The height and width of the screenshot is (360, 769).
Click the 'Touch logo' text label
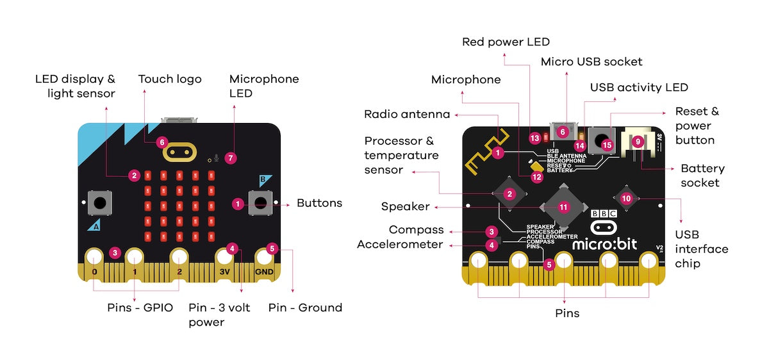click(170, 79)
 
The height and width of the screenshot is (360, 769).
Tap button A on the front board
click(99, 204)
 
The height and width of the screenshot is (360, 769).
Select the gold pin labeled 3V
click(224, 258)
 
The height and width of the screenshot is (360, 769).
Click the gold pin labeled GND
click(264, 258)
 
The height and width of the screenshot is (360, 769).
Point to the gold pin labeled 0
click(94, 258)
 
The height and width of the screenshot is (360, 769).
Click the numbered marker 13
click(534, 138)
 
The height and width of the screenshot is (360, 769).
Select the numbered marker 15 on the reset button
click(607, 145)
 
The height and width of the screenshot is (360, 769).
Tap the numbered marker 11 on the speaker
click(563, 207)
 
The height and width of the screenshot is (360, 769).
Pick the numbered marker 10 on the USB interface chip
click(626, 199)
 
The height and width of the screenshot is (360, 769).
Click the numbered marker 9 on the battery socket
click(637, 142)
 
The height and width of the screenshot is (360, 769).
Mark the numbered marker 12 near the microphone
click(537, 177)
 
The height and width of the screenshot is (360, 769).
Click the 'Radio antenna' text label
click(407, 114)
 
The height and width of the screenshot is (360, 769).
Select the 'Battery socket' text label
click(702, 176)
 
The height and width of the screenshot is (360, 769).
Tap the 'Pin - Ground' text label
click(305, 307)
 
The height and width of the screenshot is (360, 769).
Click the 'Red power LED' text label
click(506, 42)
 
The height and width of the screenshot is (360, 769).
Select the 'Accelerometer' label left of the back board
click(400, 244)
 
